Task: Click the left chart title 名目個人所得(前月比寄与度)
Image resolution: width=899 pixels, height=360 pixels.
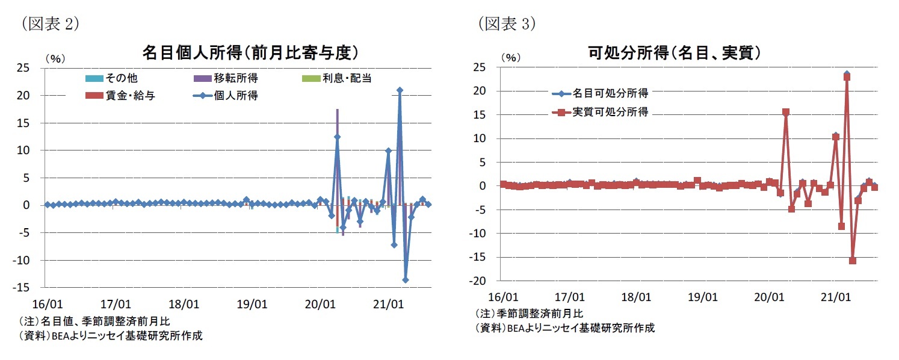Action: (x=250, y=53)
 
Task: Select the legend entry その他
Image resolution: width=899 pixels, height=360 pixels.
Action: (x=120, y=78)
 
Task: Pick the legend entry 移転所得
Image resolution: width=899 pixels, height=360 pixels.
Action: (x=234, y=78)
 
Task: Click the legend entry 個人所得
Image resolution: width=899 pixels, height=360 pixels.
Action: (x=235, y=96)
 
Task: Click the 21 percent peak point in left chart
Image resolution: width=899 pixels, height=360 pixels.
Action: (x=400, y=90)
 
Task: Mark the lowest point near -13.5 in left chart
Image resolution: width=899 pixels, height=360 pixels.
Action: (x=406, y=280)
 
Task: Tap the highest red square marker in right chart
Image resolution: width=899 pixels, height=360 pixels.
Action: (x=847, y=77)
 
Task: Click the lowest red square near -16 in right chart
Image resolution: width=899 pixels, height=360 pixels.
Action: (x=853, y=261)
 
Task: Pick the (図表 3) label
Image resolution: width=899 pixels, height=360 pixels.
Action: (x=507, y=23)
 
